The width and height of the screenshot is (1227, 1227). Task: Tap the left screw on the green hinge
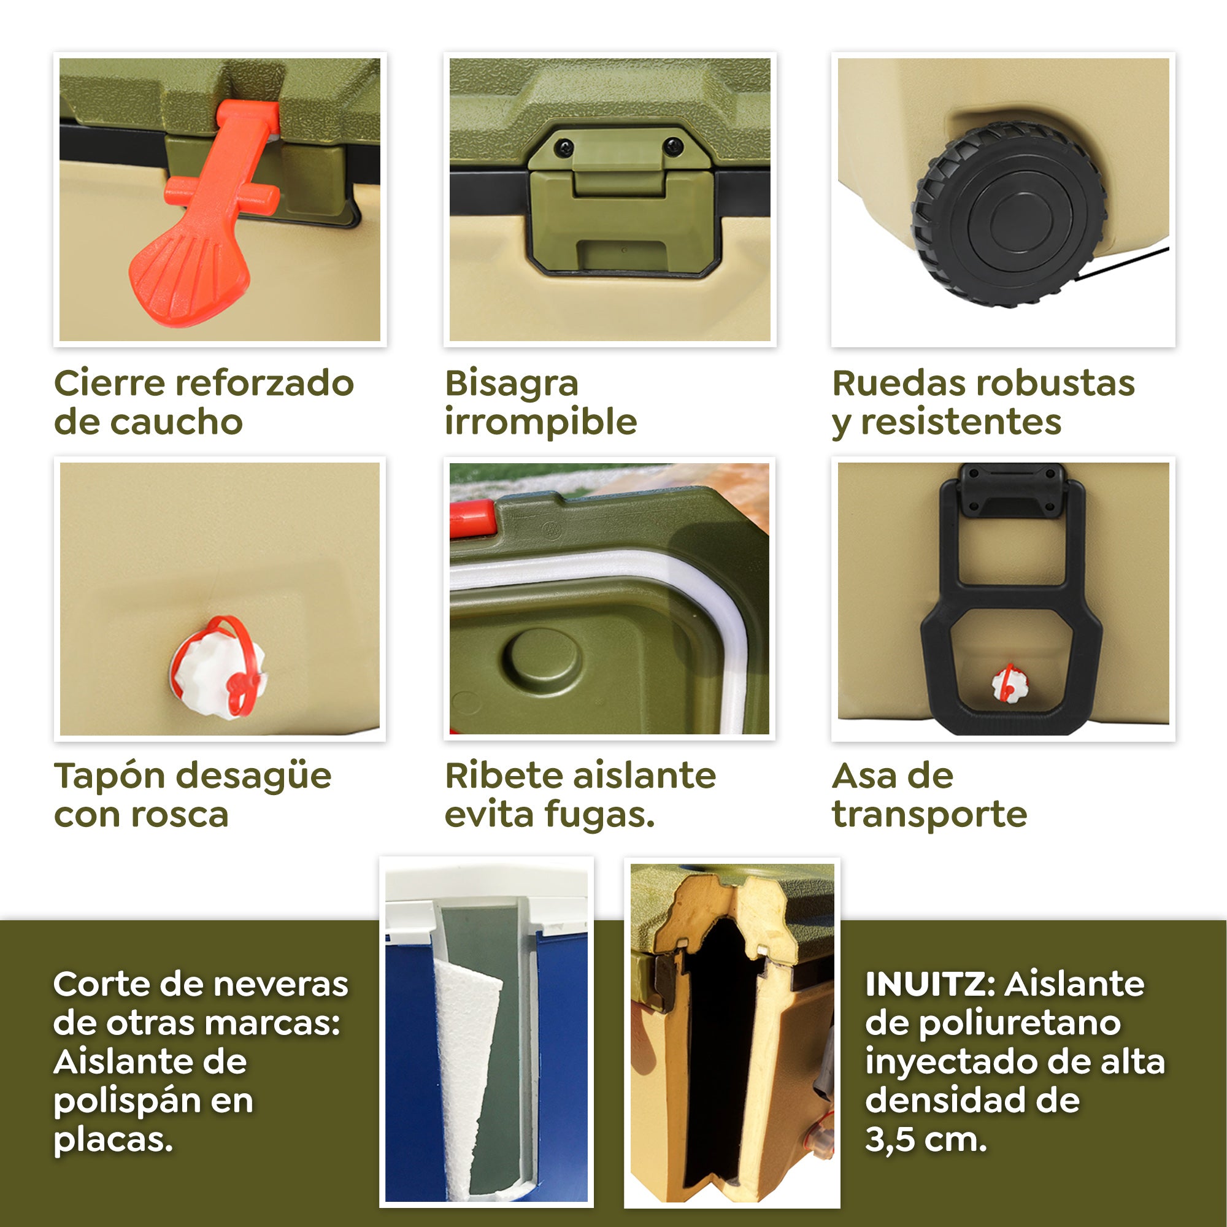coord(563,148)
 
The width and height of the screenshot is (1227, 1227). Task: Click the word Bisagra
coord(511,383)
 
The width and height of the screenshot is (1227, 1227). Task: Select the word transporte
coord(929,814)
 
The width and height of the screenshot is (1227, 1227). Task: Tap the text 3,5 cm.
coord(925,1140)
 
